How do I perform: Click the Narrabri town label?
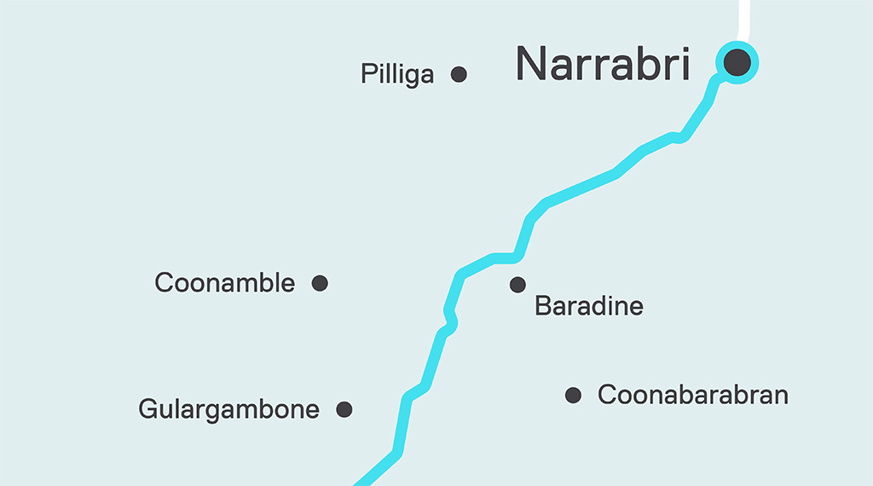(x=603, y=64)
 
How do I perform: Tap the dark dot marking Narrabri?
(x=737, y=62)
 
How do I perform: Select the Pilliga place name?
(x=397, y=75)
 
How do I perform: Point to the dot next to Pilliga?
(x=459, y=74)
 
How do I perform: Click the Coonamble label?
(x=224, y=283)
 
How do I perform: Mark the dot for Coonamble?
(x=320, y=283)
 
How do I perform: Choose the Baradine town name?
(x=588, y=307)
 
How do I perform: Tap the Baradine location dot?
(x=517, y=285)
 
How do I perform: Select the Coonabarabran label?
(x=692, y=396)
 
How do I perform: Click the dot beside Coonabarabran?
(x=574, y=395)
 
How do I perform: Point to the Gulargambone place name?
(x=228, y=410)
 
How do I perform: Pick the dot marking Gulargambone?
(x=344, y=409)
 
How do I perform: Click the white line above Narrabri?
(x=743, y=17)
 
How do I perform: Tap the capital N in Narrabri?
(x=534, y=64)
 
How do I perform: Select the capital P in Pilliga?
(x=367, y=74)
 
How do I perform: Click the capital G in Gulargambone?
(x=147, y=410)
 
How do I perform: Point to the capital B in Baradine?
(x=542, y=307)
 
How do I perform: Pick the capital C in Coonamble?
(x=164, y=283)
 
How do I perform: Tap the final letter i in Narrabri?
(x=684, y=63)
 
